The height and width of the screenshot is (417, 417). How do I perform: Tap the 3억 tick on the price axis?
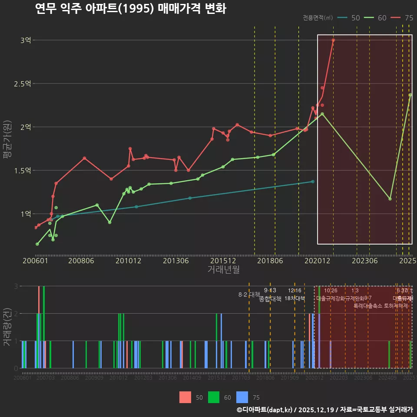pos(26,40)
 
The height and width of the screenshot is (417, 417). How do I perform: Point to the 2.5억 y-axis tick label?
pos(23,83)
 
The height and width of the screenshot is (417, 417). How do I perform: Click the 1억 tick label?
pos(26,214)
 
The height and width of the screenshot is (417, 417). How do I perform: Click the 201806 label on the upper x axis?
pos(269,261)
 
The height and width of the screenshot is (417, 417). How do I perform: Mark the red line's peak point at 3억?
pos(333,40)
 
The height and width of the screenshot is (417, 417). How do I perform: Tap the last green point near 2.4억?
pos(410,95)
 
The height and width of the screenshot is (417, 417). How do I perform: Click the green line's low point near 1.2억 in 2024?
pos(390,199)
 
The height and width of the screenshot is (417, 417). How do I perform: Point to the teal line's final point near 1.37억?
pos(313,181)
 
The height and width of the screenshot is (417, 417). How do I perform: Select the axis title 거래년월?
pos(223,270)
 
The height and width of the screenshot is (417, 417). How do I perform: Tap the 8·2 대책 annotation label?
pos(249,295)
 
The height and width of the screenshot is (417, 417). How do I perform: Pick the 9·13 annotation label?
pos(270,291)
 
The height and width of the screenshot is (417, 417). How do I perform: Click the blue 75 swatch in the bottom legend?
pos(242,397)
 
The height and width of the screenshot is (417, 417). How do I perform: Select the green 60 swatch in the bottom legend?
pos(214,397)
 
